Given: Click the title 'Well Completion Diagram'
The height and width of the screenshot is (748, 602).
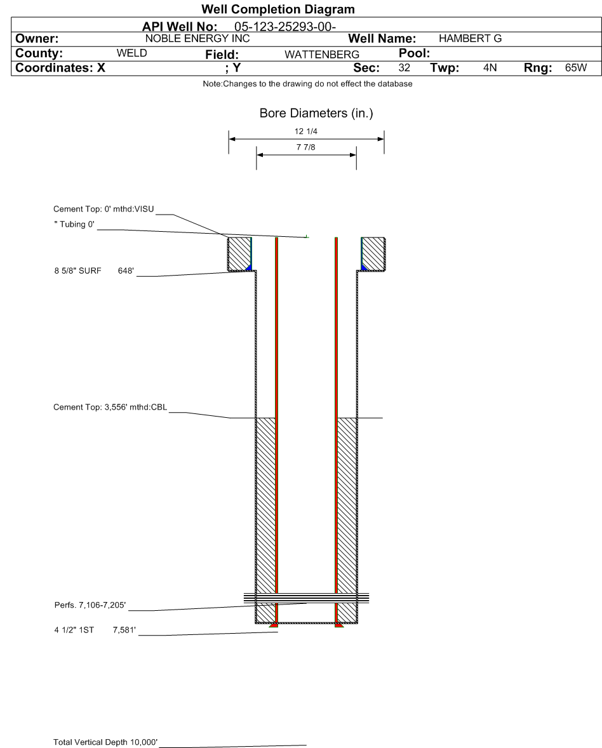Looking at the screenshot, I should point(278,10).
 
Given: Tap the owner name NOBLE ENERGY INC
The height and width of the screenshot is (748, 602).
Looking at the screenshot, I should point(197,39).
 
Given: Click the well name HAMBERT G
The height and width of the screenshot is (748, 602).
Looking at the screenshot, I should point(470,39).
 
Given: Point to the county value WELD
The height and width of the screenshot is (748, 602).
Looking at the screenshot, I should point(132,53).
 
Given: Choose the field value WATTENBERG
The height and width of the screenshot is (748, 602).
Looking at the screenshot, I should point(322,55).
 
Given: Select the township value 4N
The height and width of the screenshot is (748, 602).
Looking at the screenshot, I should point(490,68).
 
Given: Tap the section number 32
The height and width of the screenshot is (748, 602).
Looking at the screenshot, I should point(404,68).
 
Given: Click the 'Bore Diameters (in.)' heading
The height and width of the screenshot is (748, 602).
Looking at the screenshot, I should point(316,114).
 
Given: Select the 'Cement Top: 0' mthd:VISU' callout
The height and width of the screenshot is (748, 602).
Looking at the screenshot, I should point(104,209).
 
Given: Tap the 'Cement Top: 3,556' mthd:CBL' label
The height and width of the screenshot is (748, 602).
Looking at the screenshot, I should point(110,408).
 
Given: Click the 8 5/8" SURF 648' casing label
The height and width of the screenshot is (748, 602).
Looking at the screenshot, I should point(95,271).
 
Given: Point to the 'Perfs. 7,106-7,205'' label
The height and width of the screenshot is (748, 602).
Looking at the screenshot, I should point(91,605).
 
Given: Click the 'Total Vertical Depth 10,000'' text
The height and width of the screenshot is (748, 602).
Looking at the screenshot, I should point(105,742).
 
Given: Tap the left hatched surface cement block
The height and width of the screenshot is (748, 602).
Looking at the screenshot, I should point(239,253).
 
